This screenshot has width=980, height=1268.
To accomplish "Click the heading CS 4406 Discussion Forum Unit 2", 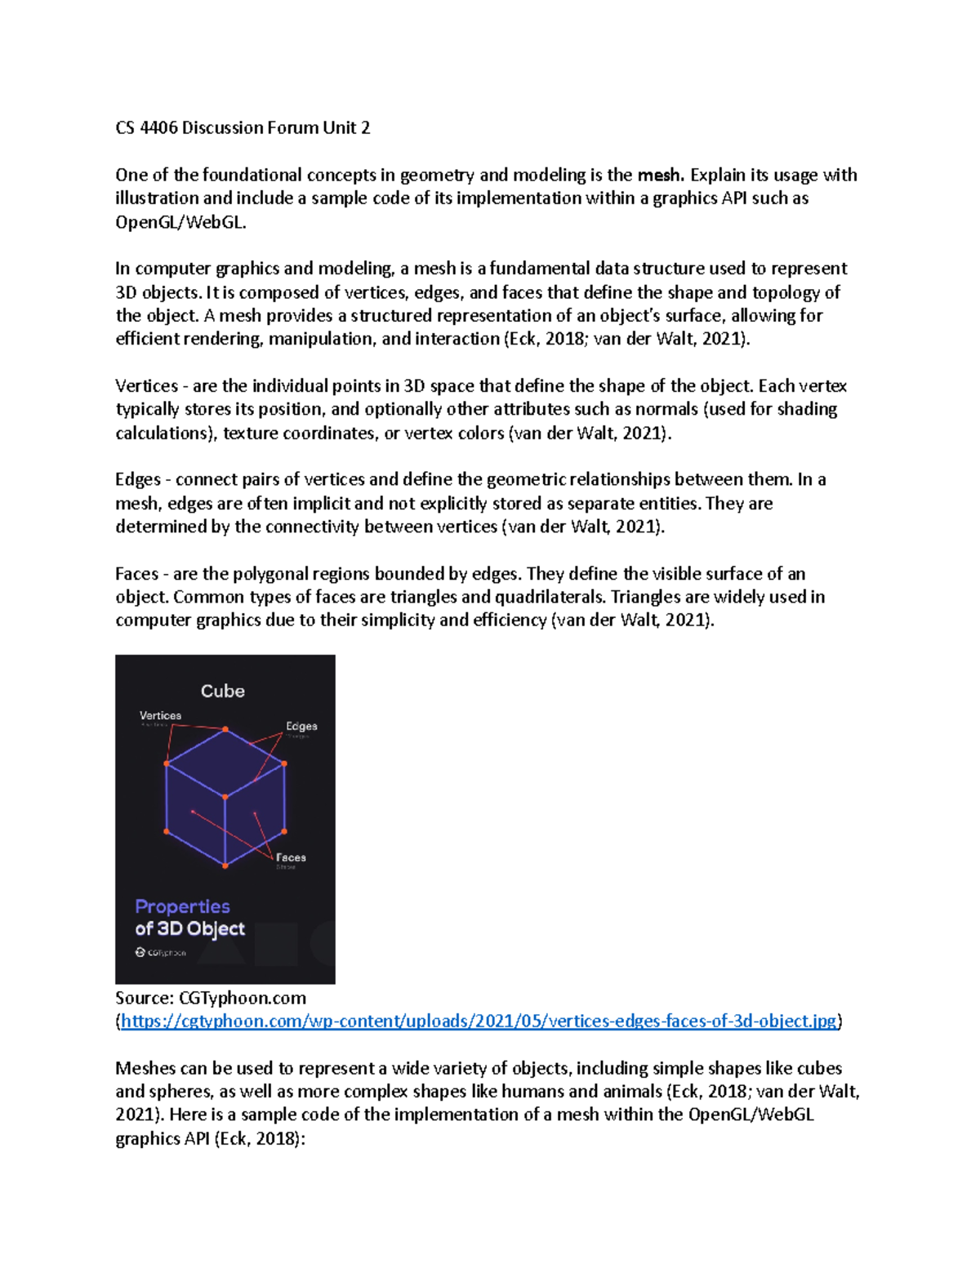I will pos(243,127).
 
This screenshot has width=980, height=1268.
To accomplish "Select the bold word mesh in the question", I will pos(658,175).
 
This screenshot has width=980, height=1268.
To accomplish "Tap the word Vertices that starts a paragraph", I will pos(146,385).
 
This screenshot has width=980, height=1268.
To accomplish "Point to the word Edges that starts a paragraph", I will pos(138,479).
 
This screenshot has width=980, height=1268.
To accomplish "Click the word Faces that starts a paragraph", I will pos(136,573).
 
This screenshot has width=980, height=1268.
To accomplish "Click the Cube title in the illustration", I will pos(223,691).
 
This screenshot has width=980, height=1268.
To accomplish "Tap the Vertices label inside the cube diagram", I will pos(160,715).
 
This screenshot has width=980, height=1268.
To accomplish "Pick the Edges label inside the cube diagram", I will pos(301,726).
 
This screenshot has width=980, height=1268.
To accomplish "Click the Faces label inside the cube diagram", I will pos(291,857).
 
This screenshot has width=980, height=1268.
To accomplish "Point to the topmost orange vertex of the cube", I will pos(225,729).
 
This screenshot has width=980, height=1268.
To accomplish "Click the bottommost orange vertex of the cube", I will pos(225,865).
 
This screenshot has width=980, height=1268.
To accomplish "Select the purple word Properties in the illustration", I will pos(182,906).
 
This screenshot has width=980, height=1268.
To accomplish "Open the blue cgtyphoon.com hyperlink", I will pos(479,1021).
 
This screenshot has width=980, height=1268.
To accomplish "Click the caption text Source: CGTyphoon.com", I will pos(211,998).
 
